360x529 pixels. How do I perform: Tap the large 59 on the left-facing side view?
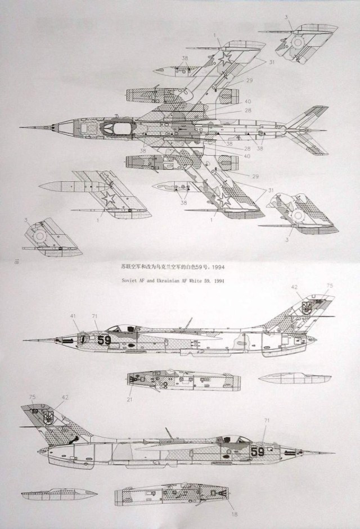point(105,340)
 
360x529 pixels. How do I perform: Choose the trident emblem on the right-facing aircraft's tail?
point(50,418)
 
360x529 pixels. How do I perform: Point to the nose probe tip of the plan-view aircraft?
point(21,127)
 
